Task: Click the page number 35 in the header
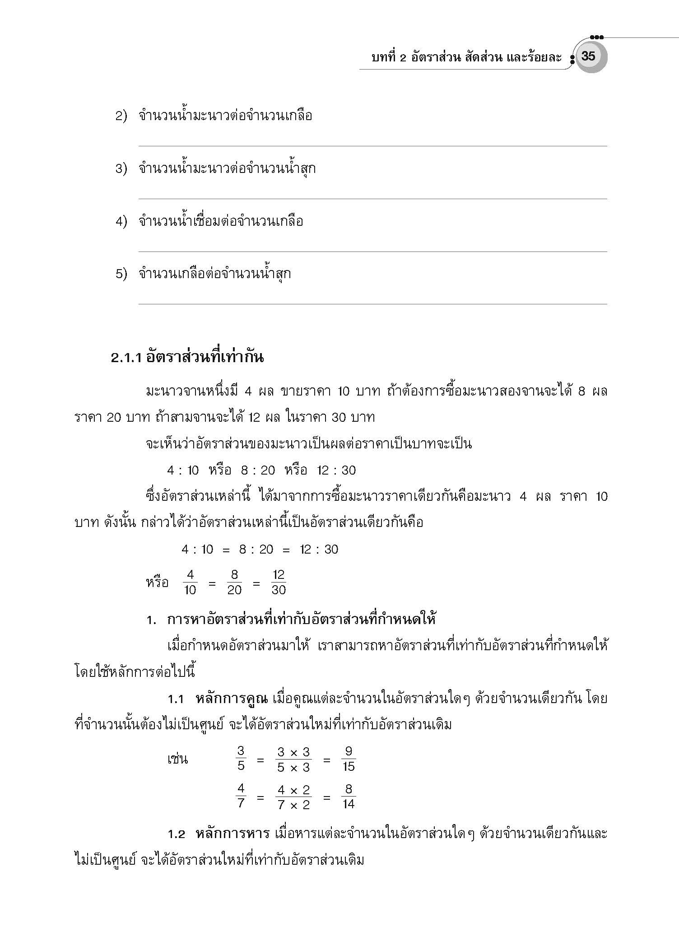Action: pos(588,56)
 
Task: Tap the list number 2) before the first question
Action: pos(121,117)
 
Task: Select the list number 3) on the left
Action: pos(121,169)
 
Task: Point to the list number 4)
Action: pos(121,222)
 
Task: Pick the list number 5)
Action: pos(121,275)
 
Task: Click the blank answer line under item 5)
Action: pos(372,304)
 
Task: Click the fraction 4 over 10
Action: pos(190,582)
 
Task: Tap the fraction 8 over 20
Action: pos(234,582)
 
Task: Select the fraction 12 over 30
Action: pos(279,582)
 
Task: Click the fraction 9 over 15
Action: pos(349,759)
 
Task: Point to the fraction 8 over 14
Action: pos(349,797)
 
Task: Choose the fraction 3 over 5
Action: pos(241,759)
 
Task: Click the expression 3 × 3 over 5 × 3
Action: pos(293,759)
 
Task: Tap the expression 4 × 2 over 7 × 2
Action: pos(293,797)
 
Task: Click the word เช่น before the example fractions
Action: pos(177,759)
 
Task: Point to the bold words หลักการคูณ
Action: pos(232,699)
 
